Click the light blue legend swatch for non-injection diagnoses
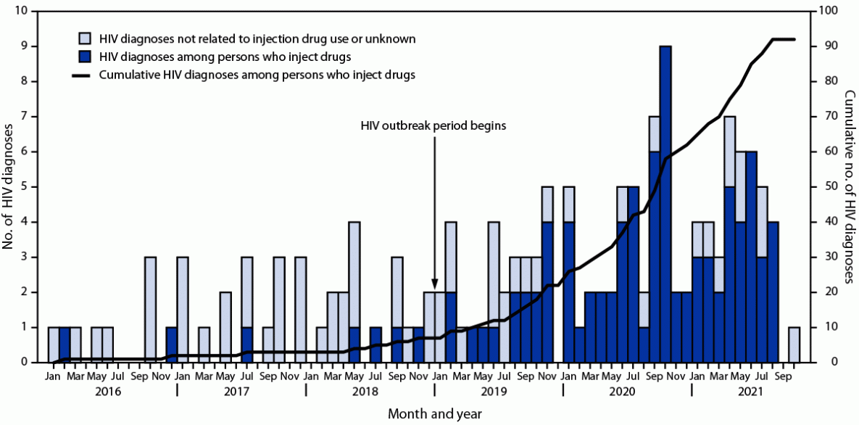tap(85, 37)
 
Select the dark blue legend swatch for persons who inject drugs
tap(85, 55)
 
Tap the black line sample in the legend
tap(85, 74)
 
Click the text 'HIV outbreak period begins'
tap(433, 125)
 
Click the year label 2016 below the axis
tap(112, 392)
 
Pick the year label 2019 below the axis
tap(498, 392)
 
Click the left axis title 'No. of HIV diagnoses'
tap(10, 187)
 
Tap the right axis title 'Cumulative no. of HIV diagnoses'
tap(850, 187)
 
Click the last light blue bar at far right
tap(794, 344)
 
